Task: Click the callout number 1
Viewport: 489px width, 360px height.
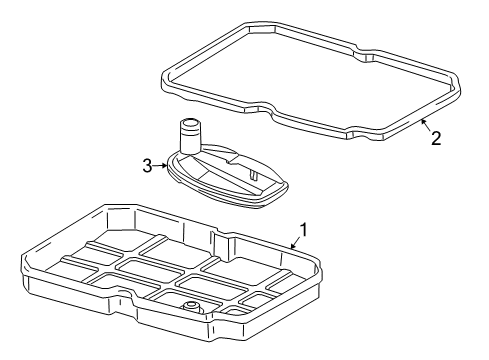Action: point(303,230)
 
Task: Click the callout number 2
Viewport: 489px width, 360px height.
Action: point(436,138)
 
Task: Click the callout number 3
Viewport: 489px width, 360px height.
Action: point(147,166)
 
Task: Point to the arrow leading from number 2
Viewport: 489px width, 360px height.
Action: point(426,125)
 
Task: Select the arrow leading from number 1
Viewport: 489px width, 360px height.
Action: point(295,243)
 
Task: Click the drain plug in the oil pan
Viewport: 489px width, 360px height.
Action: point(190,306)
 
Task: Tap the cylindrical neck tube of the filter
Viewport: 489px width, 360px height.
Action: point(190,136)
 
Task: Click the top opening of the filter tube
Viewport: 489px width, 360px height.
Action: point(190,123)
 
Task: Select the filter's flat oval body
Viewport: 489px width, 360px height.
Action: point(227,176)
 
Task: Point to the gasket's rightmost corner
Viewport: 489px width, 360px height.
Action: point(459,87)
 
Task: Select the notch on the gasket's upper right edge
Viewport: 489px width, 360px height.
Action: point(364,53)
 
